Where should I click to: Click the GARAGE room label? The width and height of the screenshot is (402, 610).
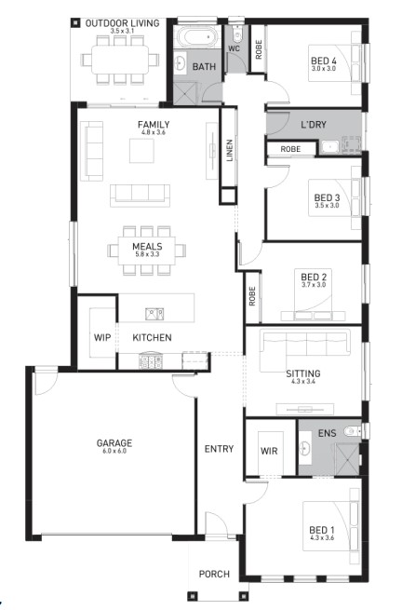114,442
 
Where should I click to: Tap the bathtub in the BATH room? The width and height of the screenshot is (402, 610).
197,38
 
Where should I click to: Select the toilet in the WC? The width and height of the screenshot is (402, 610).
236,34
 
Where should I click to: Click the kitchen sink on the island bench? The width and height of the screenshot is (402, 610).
154,314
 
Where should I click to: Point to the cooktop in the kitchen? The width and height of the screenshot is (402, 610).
151,361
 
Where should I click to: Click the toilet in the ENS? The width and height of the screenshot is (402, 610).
354,430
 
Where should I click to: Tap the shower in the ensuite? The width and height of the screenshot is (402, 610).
347,458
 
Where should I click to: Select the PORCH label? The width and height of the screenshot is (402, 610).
214,574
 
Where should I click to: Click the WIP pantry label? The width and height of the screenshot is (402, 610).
102,337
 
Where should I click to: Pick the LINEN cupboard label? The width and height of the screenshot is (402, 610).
230,151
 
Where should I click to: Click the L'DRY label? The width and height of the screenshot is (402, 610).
314,125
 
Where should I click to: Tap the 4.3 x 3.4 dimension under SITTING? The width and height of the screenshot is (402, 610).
303,382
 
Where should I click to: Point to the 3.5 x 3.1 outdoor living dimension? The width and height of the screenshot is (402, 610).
122,31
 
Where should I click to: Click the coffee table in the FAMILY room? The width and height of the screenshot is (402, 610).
141,151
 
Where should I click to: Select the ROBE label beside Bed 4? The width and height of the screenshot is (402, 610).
259,49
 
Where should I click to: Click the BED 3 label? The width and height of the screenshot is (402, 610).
327,197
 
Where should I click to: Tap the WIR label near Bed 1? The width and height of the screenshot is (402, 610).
269,451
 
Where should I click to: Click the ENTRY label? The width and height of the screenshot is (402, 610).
219,449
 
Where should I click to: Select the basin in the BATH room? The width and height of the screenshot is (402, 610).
180,63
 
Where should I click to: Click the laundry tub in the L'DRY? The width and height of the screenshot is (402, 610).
329,146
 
